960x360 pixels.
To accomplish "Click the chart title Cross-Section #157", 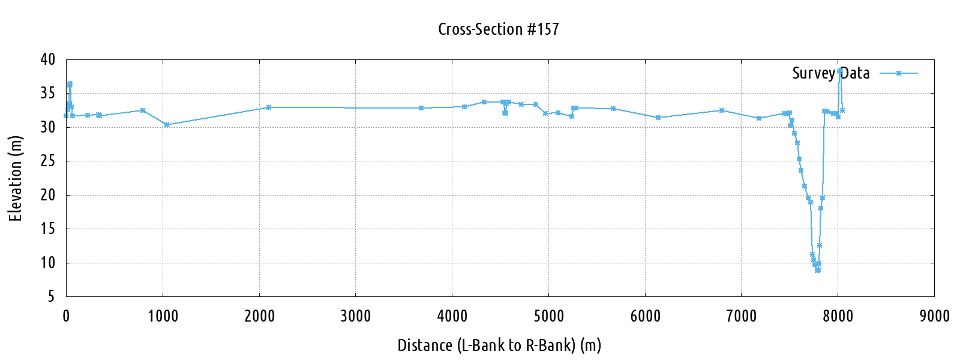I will tap(498, 29).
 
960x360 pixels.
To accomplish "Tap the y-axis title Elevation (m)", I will tap(16, 179).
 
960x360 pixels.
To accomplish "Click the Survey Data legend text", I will tap(830, 73).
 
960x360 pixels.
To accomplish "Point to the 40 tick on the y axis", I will tap(48, 59).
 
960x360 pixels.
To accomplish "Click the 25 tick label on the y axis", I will tap(48, 161).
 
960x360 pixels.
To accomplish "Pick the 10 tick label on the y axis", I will tap(48, 263).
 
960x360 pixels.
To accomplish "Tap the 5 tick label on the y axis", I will tap(52, 296).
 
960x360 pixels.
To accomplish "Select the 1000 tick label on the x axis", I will tap(163, 316).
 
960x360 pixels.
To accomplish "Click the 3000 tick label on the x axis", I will tap(356, 316).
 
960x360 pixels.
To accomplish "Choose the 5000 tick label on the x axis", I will tap(548, 316).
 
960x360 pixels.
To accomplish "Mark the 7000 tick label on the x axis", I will tap(742, 316).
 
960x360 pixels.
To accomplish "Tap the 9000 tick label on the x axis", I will tap(934, 316).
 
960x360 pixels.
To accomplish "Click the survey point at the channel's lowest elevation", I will tap(817, 270).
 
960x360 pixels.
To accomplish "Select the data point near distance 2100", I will tap(269, 107).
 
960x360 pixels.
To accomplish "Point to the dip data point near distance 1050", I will tap(167, 125).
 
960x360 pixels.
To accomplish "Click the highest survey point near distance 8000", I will tap(840, 70).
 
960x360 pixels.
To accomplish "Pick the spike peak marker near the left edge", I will tap(70, 84).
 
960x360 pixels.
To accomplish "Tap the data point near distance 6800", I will tap(722, 110).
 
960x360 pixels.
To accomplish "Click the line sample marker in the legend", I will tap(899, 73).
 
